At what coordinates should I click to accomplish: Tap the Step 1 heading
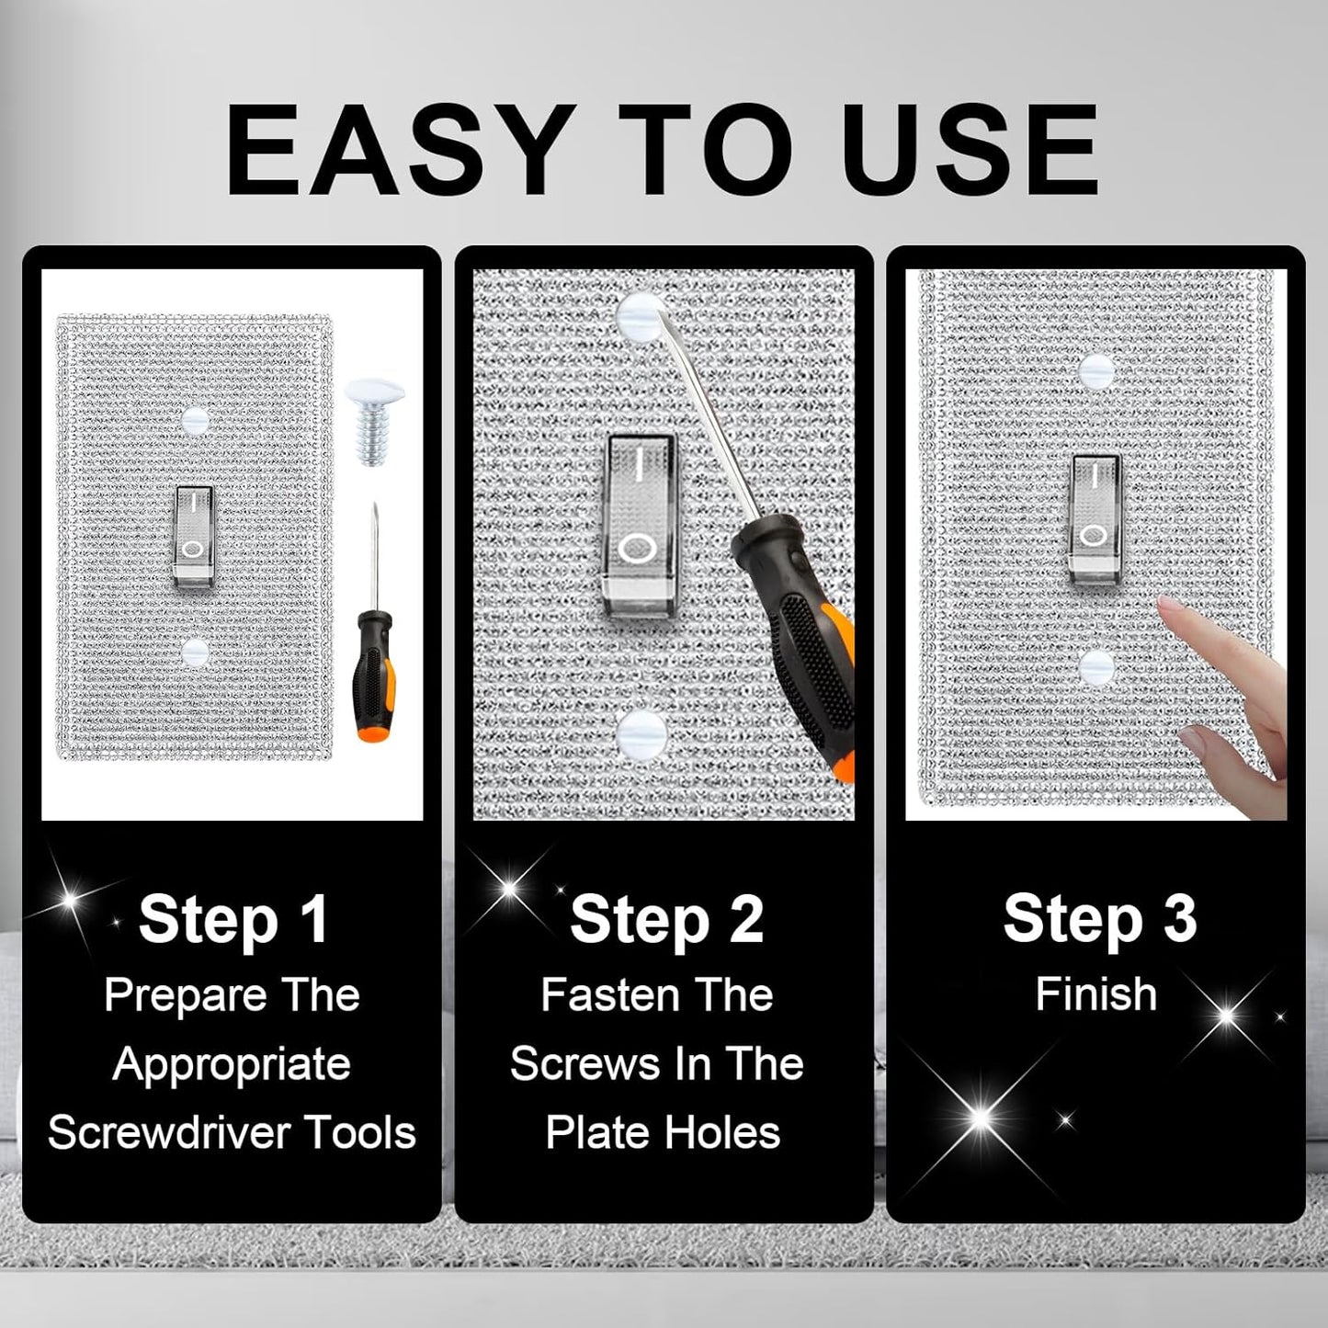point(233,919)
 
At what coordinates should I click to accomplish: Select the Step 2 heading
point(666,919)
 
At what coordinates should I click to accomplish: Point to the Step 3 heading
point(1100,919)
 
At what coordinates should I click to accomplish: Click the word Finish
point(1095,994)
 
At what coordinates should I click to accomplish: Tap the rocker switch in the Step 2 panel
point(638,525)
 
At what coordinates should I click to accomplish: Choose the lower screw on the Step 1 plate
point(196,652)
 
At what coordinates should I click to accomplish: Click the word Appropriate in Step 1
point(233,1065)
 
